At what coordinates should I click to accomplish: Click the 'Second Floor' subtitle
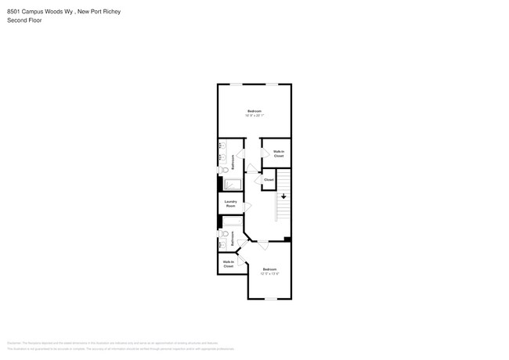click(x=24, y=20)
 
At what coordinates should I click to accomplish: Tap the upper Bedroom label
click(x=254, y=111)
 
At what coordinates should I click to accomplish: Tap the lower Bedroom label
click(x=269, y=269)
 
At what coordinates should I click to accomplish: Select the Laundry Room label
click(x=230, y=203)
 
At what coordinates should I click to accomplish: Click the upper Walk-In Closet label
click(x=278, y=153)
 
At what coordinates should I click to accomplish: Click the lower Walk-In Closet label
click(x=228, y=265)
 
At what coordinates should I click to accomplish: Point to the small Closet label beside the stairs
click(x=269, y=180)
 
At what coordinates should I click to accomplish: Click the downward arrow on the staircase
click(x=283, y=196)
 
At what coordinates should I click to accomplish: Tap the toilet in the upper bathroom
click(x=222, y=168)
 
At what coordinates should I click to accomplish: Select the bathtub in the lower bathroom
click(x=233, y=221)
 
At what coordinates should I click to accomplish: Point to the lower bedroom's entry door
click(x=262, y=245)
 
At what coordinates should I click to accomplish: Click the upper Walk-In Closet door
click(x=266, y=151)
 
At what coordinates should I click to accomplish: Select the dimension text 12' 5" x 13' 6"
click(x=269, y=274)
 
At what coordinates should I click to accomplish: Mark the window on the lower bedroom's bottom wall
click(x=269, y=299)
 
